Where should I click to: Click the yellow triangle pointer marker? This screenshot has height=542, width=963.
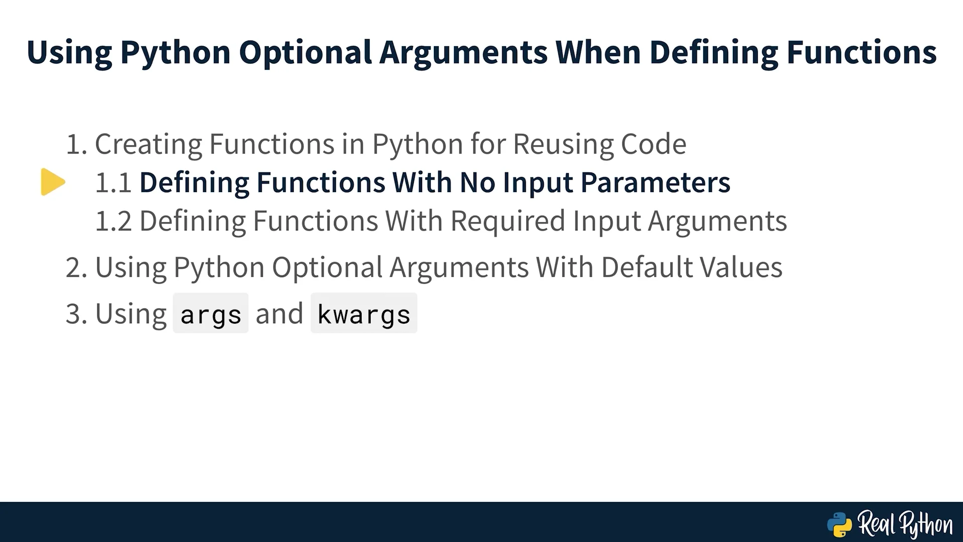click(x=53, y=182)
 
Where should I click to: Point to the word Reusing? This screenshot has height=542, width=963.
click(x=563, y=145)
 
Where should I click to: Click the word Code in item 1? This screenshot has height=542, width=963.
click(x=654, y=144)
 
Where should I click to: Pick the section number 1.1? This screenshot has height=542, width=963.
click(x=113, y=182)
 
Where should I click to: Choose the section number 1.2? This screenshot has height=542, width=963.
click(x=113, y=221)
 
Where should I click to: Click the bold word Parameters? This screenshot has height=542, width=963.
click(x=656, y=182)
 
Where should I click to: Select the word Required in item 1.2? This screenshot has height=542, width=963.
click(x=508, y=221)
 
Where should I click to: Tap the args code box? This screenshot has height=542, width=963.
click(x=211, y=313)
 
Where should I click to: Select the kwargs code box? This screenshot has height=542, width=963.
click(x=364, y=313)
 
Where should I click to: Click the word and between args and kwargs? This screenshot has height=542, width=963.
click(x=279, y=314)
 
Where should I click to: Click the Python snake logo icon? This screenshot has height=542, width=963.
click(x=840, y=525)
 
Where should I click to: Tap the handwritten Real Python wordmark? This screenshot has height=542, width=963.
click(x=905, y=525)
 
